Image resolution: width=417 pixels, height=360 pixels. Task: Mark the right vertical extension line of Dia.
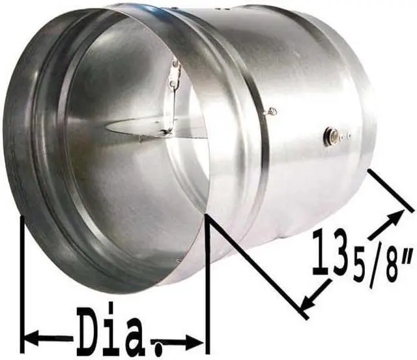click(207, 280)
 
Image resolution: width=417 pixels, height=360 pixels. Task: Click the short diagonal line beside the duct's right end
click(391, 190)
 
